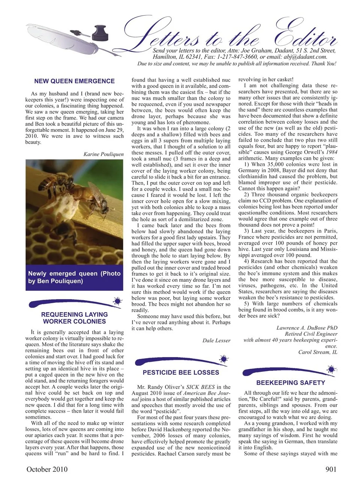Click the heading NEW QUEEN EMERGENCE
pos(74,81)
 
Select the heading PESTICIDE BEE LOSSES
pos(181,372)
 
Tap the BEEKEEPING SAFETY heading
pos(291,383)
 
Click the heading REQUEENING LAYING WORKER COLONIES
pos(74,318)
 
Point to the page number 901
pos(329,470)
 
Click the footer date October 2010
pos(47,470)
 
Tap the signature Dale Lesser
pos(216,340)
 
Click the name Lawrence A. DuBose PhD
pos(307,328)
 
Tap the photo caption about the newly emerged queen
pos(74,277)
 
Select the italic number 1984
pos(331,152)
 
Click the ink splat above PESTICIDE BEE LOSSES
pos(223,359)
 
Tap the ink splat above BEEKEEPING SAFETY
pos(331,370)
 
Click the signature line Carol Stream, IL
pos(318,352)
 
